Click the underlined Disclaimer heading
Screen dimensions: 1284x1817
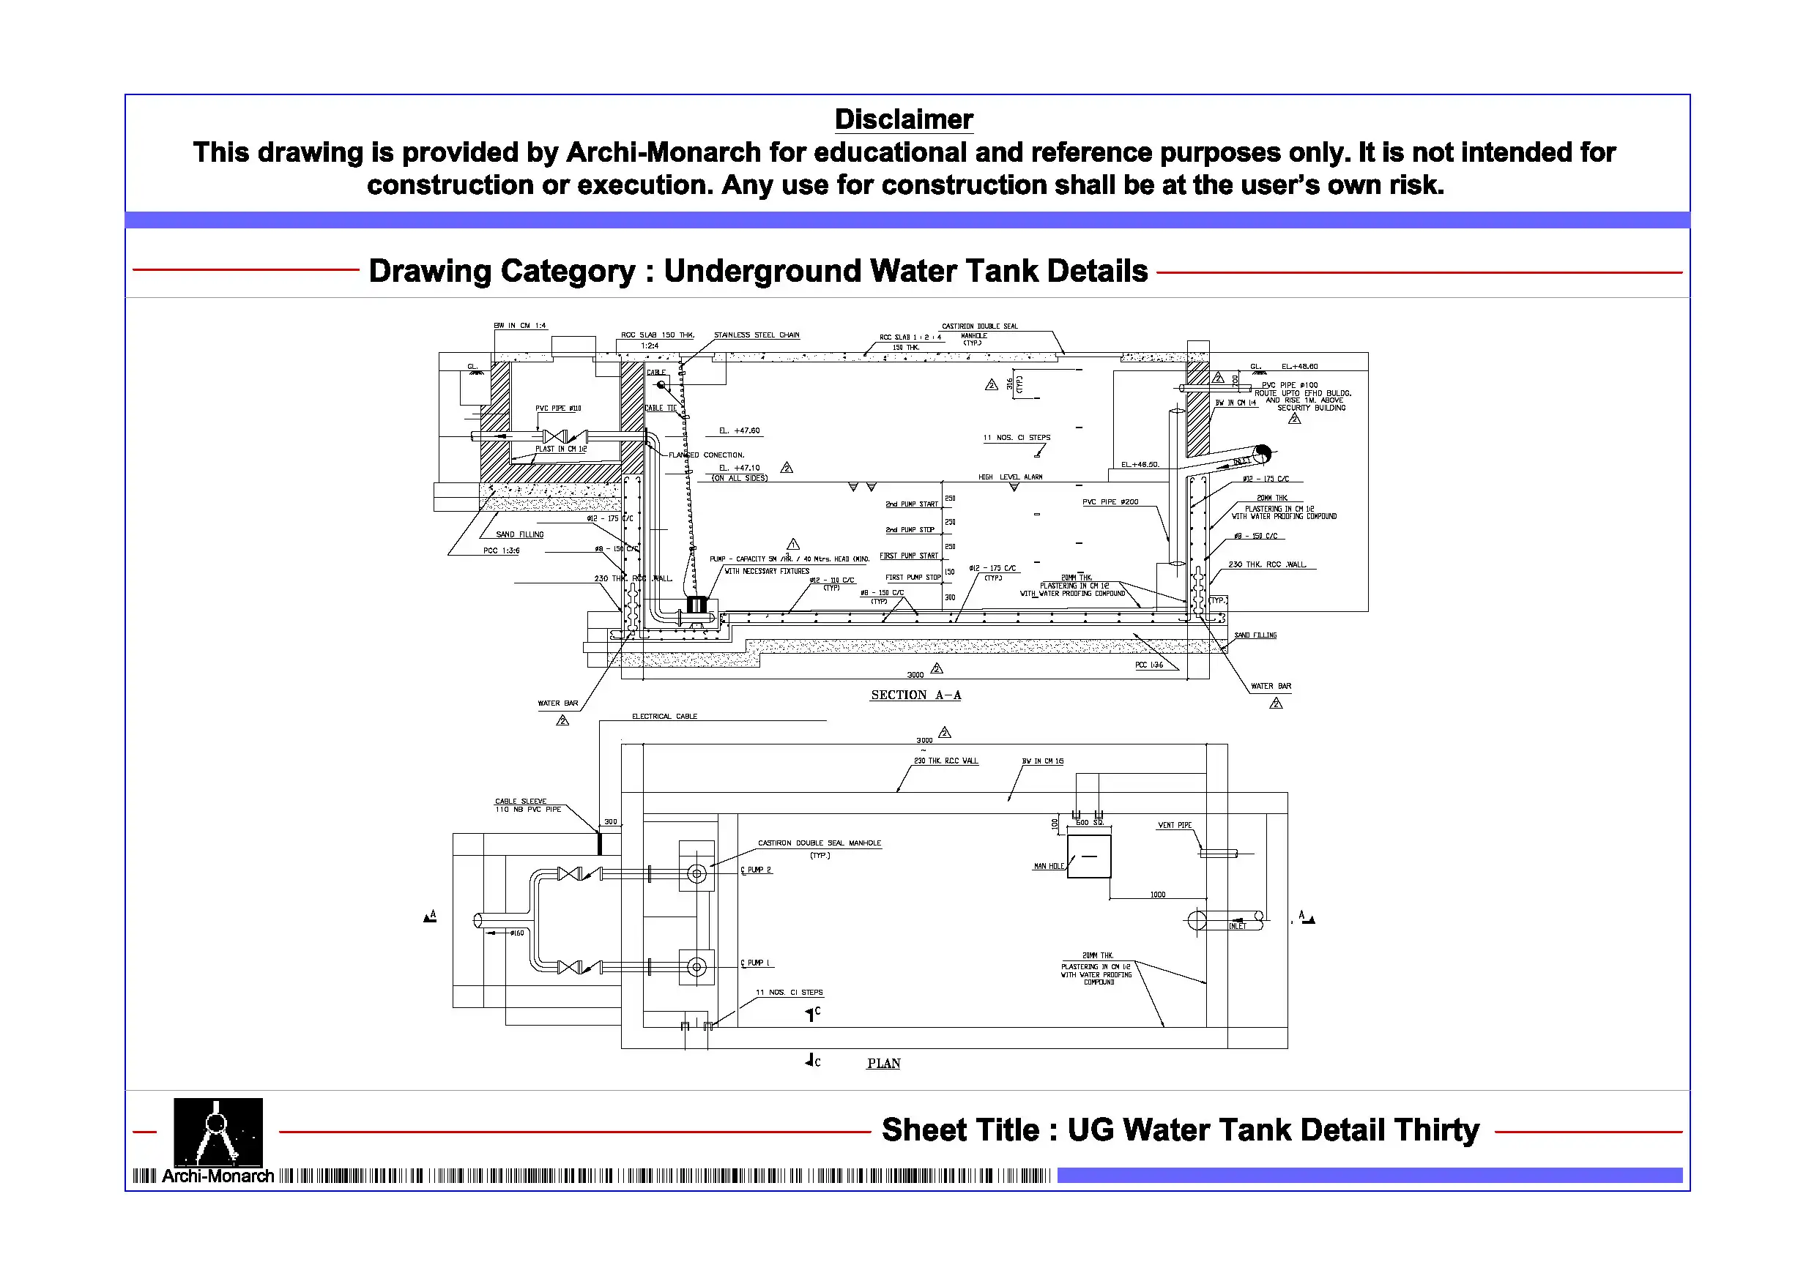904,119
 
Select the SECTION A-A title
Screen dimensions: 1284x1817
915,695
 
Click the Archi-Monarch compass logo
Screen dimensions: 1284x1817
218,1132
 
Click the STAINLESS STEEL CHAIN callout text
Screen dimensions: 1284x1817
757,335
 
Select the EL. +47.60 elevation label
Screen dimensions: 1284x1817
739,431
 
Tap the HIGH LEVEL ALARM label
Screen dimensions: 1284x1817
1011,477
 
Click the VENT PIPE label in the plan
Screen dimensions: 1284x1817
1175,825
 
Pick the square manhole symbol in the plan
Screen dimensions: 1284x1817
1089,856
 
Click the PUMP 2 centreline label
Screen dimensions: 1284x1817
757,870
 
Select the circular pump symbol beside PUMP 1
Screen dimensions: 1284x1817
696,968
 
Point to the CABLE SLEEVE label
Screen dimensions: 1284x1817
521,802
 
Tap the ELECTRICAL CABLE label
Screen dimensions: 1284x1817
665,717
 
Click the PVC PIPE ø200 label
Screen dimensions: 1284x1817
1110,502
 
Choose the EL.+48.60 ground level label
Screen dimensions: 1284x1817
1299,367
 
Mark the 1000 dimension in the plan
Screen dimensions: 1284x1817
1158,895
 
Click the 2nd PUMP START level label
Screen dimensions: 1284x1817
912,504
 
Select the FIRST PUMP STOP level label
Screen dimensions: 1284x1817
913,578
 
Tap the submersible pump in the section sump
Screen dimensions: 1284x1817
696,606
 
